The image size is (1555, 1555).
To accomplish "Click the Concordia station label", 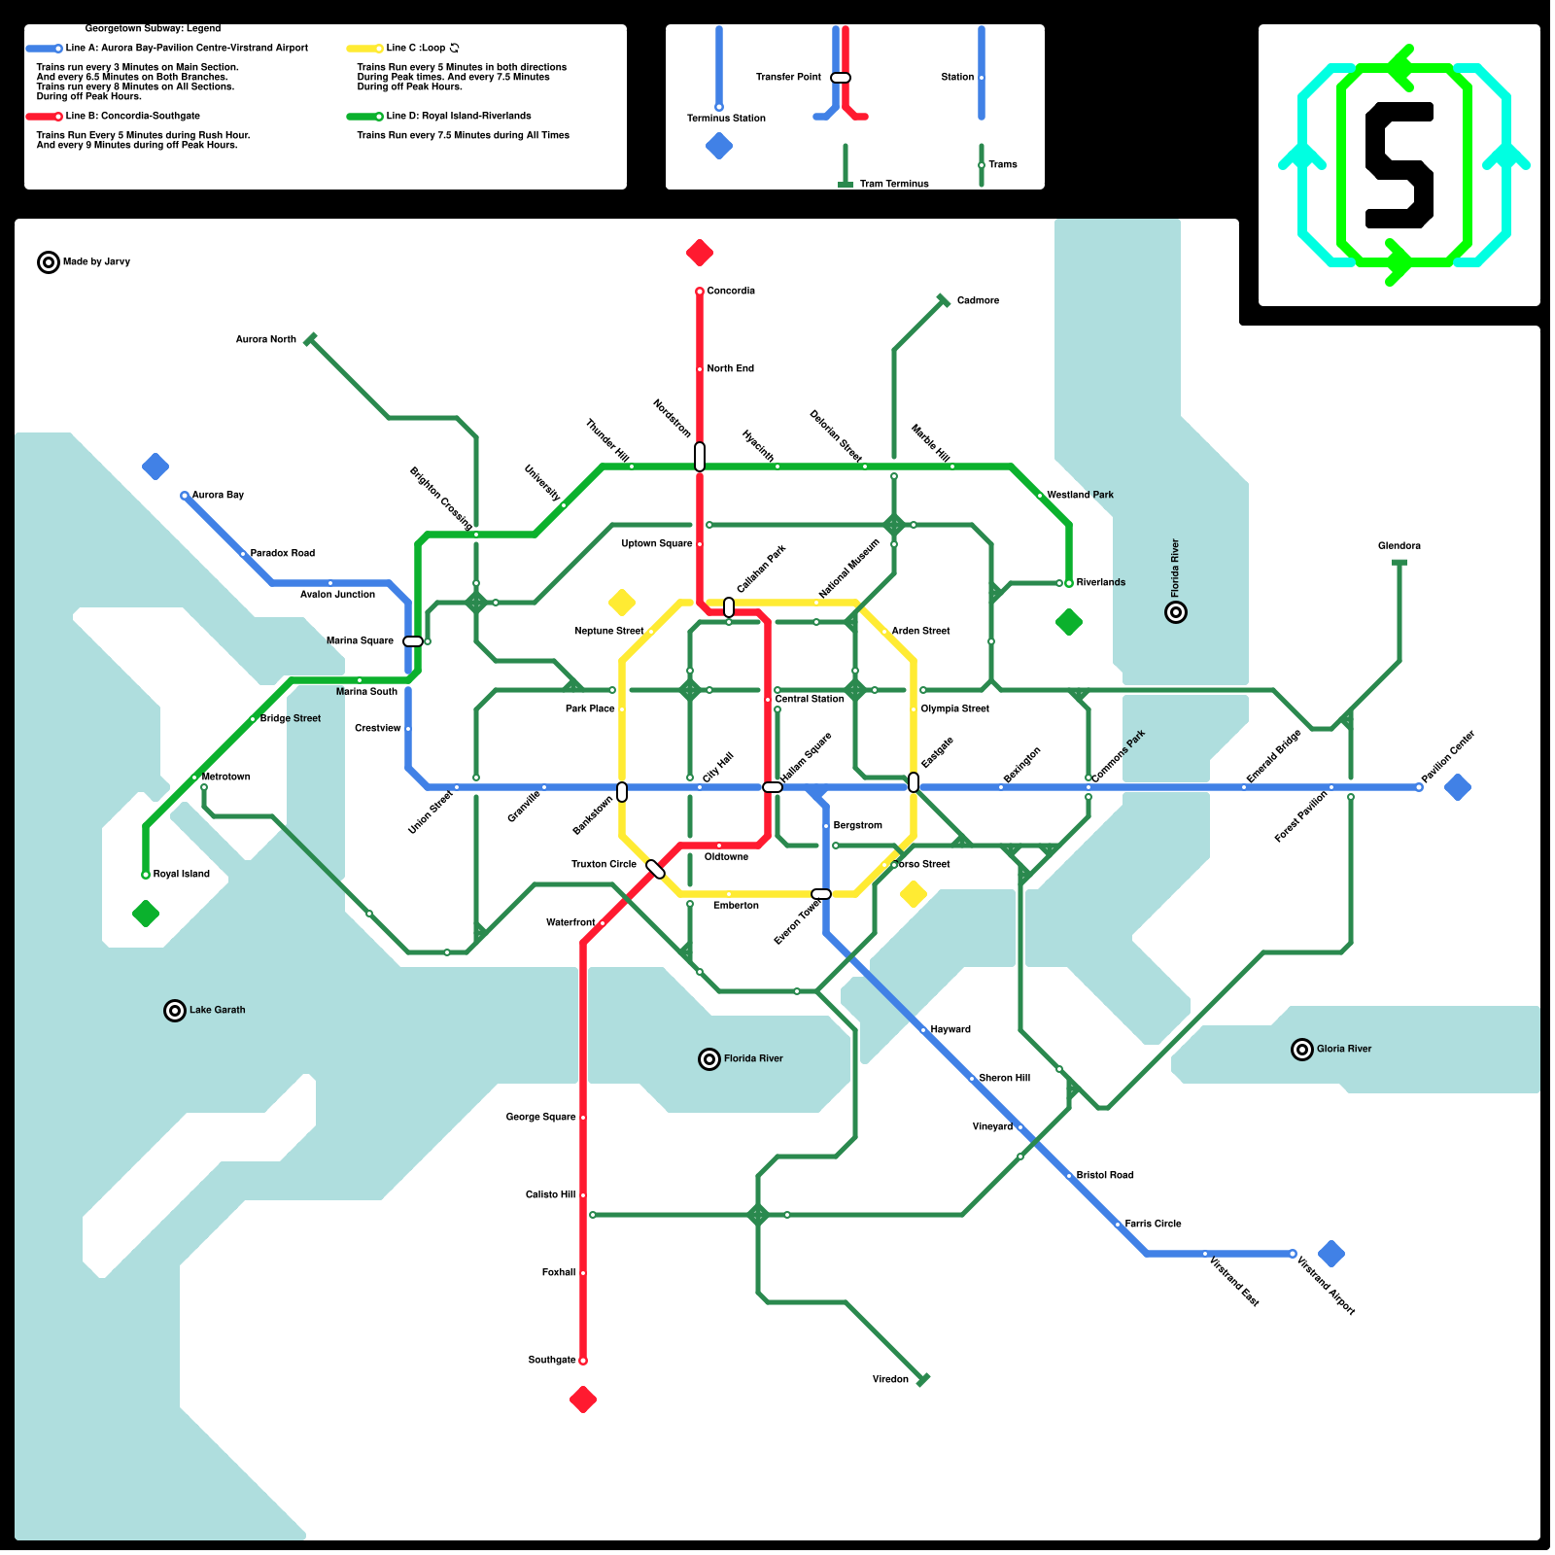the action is (x=731, y=291).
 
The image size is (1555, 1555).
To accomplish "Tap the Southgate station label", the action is (x=552, y=1360).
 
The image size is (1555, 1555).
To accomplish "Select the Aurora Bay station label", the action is (x=218, y=495).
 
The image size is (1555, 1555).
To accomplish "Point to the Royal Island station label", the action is (x=181, y=874).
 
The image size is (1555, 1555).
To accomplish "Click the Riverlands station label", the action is (x=1100, y=582).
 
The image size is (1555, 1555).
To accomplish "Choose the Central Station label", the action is (x=810, y=699).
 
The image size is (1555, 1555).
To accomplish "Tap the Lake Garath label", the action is (x=217, y=1010).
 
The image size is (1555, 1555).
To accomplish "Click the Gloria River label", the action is (x=1344, y=1049).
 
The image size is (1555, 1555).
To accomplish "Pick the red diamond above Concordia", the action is (x=700, y=253).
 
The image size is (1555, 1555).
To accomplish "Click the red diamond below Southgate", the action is (x=583, y=1399).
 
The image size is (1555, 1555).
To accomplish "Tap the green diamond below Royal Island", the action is (x=146, y=914).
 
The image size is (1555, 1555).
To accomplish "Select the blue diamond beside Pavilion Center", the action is (x=1458, y=787).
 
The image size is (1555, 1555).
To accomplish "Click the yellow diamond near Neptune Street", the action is (x=622, y=603).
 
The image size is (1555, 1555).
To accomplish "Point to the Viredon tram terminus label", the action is (x=890, y=1379).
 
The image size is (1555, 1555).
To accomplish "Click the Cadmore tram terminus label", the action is (x=978, y=300).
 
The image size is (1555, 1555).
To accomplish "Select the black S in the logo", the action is (x=1399, y=165).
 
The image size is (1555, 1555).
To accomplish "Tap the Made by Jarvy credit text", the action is (x=96, y=261).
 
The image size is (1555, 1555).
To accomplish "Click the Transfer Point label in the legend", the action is (x=788, y=77).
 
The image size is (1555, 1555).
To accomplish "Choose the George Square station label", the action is (x=540, y=1117).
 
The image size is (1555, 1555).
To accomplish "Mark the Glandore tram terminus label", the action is (x=1399, y=545).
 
